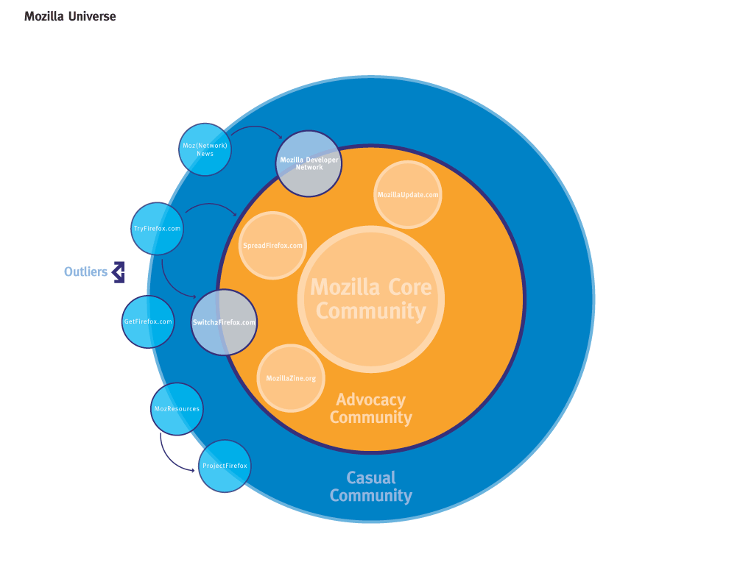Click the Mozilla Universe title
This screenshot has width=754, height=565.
[x=70, y=16]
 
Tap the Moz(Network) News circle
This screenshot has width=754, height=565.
[x=205, y=149]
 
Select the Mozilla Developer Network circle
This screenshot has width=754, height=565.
[x=309, y=163]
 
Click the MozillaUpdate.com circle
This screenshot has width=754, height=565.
[x=408, y=194]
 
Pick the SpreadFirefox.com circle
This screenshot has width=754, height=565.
[x=272, y=245]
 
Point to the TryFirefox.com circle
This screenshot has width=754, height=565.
[x=158, y=229]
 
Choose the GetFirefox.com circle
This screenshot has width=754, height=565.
[x=148, y=321]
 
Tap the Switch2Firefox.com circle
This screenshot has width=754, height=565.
[x=224, y=322]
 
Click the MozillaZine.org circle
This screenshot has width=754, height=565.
[x=291, y=378]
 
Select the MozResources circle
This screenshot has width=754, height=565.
[x=177, y=408]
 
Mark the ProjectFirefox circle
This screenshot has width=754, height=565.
[x=225, y=466]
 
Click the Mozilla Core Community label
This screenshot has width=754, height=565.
[x=370, y=298]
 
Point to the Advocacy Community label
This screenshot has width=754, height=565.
[x=370, y=408]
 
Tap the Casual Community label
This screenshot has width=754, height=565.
[x=370, y=486]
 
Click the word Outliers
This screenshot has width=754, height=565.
[x=85, y=272]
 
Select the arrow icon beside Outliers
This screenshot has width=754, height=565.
[x=118, y=272]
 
